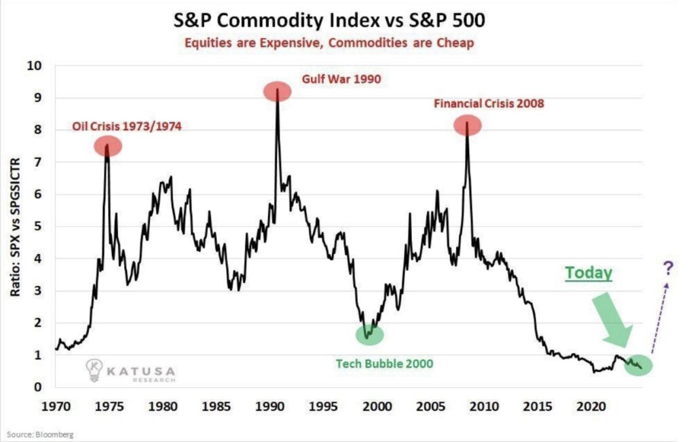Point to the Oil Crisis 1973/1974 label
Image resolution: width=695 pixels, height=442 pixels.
click(127, 127)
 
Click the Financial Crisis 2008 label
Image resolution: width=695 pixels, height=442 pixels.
click(489, 105)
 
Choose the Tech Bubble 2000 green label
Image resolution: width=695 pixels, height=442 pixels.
click(384, 363)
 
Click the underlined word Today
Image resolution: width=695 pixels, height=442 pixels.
click(589, 273)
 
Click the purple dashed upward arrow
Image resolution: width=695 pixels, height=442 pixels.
click(659, 316)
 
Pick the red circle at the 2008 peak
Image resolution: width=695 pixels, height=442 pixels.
click(468, 124)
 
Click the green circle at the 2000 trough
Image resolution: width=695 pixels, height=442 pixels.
click(369, 334)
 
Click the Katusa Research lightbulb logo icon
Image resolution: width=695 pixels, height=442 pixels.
click(94, 370)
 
